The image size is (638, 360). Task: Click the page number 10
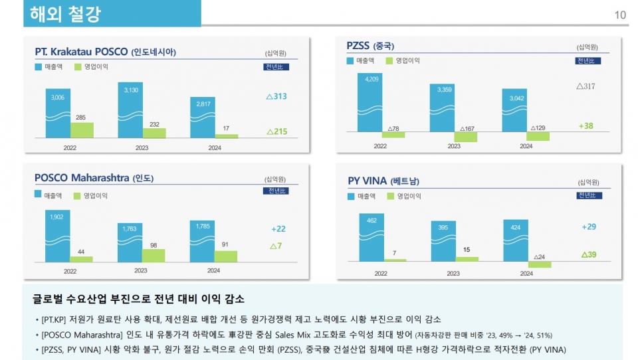(621, 15)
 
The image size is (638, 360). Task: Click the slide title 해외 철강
(66, 14)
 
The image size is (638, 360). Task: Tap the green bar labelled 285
(82, 130)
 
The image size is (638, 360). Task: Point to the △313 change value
(276, 96)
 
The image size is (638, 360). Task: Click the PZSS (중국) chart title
(370, 46)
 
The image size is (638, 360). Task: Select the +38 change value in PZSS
(585, 126)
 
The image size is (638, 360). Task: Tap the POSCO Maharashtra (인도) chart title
(94, 178)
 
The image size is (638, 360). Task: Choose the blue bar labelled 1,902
(57, 236)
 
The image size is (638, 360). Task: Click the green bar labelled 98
(154, 256)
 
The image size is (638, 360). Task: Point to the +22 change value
(278, 228)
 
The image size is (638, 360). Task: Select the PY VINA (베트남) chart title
(383, 181)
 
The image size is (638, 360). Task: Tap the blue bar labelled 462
(372, 237)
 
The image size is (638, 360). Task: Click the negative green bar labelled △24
(540, 264)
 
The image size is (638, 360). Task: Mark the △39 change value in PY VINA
(588, 254)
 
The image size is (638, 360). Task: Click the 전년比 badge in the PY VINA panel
(589, 195)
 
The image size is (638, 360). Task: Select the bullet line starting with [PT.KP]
(237, 319)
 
